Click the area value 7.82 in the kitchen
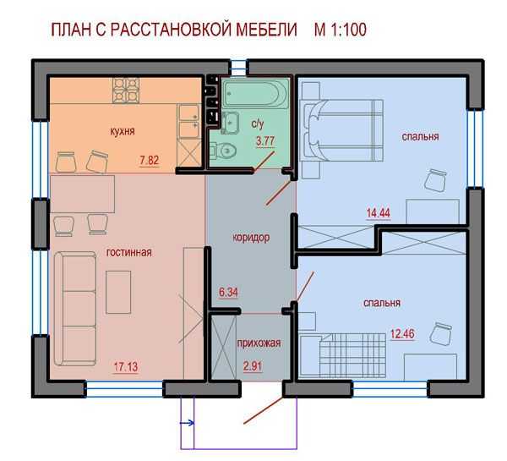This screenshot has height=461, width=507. click(149, 160)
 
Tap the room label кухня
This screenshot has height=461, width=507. click(123, 131)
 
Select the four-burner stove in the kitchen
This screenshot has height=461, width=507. click(126, 91)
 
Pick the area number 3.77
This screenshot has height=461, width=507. click(265, 141)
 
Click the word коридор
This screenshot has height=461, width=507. click(251, 238)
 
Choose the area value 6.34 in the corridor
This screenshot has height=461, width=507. click(229, 292)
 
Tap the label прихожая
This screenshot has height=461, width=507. click(259, 343)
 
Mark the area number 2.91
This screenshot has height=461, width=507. click(253, 366)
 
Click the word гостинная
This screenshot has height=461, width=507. click(129, 252)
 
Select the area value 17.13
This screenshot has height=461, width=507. click(126, 367)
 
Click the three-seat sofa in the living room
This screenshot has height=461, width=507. click(75, 309)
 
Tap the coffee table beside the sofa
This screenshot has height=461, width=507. click(118, 293)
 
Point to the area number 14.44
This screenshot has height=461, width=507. click(379, 213)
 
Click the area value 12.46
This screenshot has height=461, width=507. click(402, 333)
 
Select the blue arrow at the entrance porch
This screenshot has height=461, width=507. click(188, 423)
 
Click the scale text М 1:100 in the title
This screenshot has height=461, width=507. click(341, 30)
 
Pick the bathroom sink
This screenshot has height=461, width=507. click(230, 123)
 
